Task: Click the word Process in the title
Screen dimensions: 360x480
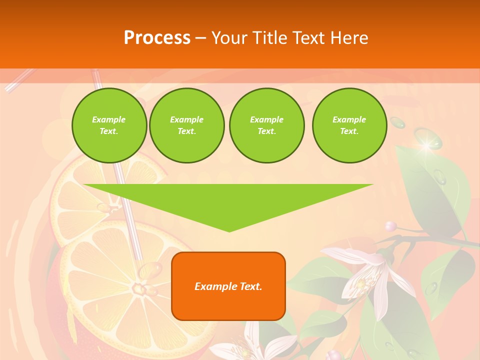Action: point(157,38)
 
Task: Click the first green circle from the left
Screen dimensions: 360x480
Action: point(109,125)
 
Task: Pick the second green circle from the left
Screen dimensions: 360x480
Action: point(186,125)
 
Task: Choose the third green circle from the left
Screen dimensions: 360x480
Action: point(266,125)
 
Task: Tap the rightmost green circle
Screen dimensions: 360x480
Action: point(349,125)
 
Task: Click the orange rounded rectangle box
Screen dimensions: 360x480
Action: point(228,286)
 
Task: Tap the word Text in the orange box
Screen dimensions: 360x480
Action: point(251,286)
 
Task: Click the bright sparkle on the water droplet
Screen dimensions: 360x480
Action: point(426,145)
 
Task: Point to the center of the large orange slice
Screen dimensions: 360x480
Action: point(137,288)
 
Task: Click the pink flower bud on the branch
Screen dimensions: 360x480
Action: point(391,226)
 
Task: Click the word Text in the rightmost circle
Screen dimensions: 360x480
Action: point(349,131)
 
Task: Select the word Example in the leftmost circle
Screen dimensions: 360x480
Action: point(109,119)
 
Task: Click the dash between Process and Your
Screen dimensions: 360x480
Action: point(201,38)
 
